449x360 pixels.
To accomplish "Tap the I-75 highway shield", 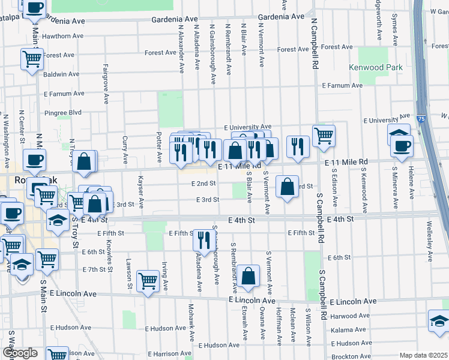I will click(x=421, y=120).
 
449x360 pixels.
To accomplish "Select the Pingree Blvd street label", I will click(x=62, y=112).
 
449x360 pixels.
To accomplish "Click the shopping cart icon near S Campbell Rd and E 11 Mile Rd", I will click(x=324, y=136).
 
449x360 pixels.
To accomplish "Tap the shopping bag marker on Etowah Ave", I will click(x=248, y=276).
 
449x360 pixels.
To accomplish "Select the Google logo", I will click(x=20, y=353).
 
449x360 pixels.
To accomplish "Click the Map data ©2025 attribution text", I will click(x=423, y=355).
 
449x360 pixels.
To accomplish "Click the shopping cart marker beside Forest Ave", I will click(x=32, y=59).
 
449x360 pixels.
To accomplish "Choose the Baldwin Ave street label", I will click(x=61, y=74).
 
